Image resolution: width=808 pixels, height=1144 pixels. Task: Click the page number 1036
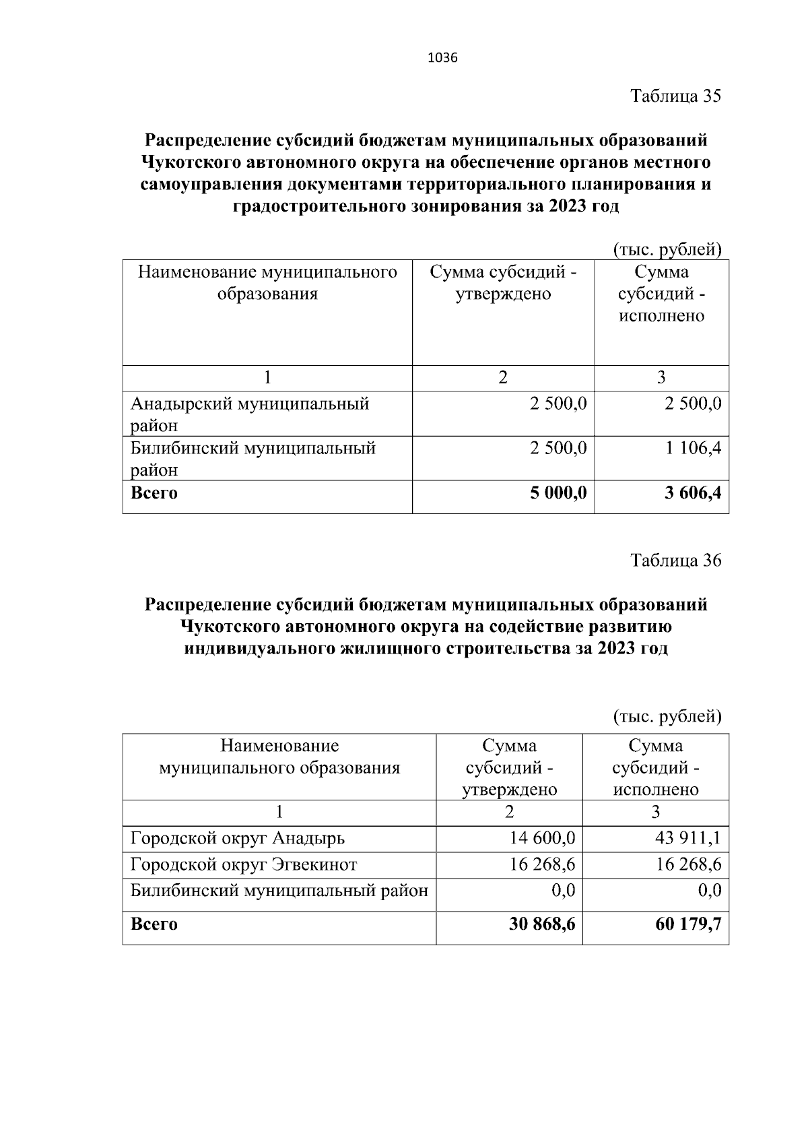click(x=442, y=58)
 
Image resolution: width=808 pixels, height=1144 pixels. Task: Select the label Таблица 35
click(x=675, y=96)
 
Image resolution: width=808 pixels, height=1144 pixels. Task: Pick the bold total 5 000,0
click(x=558, y=493)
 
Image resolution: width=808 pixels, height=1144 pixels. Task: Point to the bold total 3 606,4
click(x=692, y=493)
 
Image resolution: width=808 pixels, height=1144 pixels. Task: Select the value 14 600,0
click(x=543, y=839)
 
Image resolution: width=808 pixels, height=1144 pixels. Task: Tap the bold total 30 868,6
click(x=542, y=924)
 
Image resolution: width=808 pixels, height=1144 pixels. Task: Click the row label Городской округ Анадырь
click(x=238, y=839)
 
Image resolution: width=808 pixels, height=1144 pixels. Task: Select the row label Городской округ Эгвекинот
click(x=244, y=864)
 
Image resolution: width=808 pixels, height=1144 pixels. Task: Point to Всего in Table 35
click(x=154, y=493)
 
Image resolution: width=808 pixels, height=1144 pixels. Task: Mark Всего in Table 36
click(x=154, y=924)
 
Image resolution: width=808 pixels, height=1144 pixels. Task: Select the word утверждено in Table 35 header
click(x=503, y=294)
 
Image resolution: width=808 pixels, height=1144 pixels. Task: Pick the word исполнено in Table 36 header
click(x=656, y=790)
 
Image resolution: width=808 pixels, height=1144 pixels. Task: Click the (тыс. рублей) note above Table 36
click(x=667, y=716)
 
